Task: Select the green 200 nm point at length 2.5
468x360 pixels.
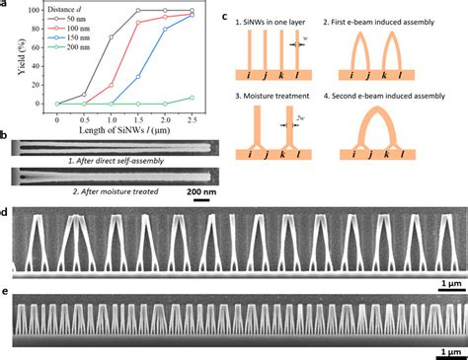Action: tap(192, 97)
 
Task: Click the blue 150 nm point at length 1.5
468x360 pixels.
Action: tap(137, 76)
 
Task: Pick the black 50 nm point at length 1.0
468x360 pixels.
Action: tap(111, 37)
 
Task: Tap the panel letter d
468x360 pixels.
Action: tap(6, 212)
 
